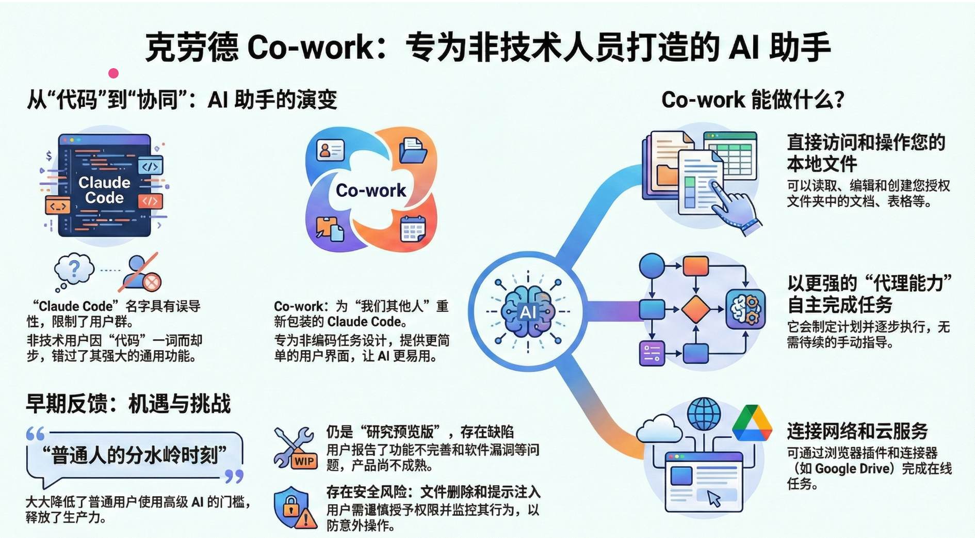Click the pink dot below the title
[113, 73]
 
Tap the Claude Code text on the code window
[104, 190]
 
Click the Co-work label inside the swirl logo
[370, 191]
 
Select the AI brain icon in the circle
[528, 311]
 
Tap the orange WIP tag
[304, 461]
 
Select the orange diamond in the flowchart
[695, 309]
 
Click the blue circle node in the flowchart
[652, 266]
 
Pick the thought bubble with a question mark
[74, 270]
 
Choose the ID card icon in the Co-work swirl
[330, 150]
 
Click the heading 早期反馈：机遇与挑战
[128, 404]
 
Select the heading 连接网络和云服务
[857, 431]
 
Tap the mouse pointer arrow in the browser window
[713, 498]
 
